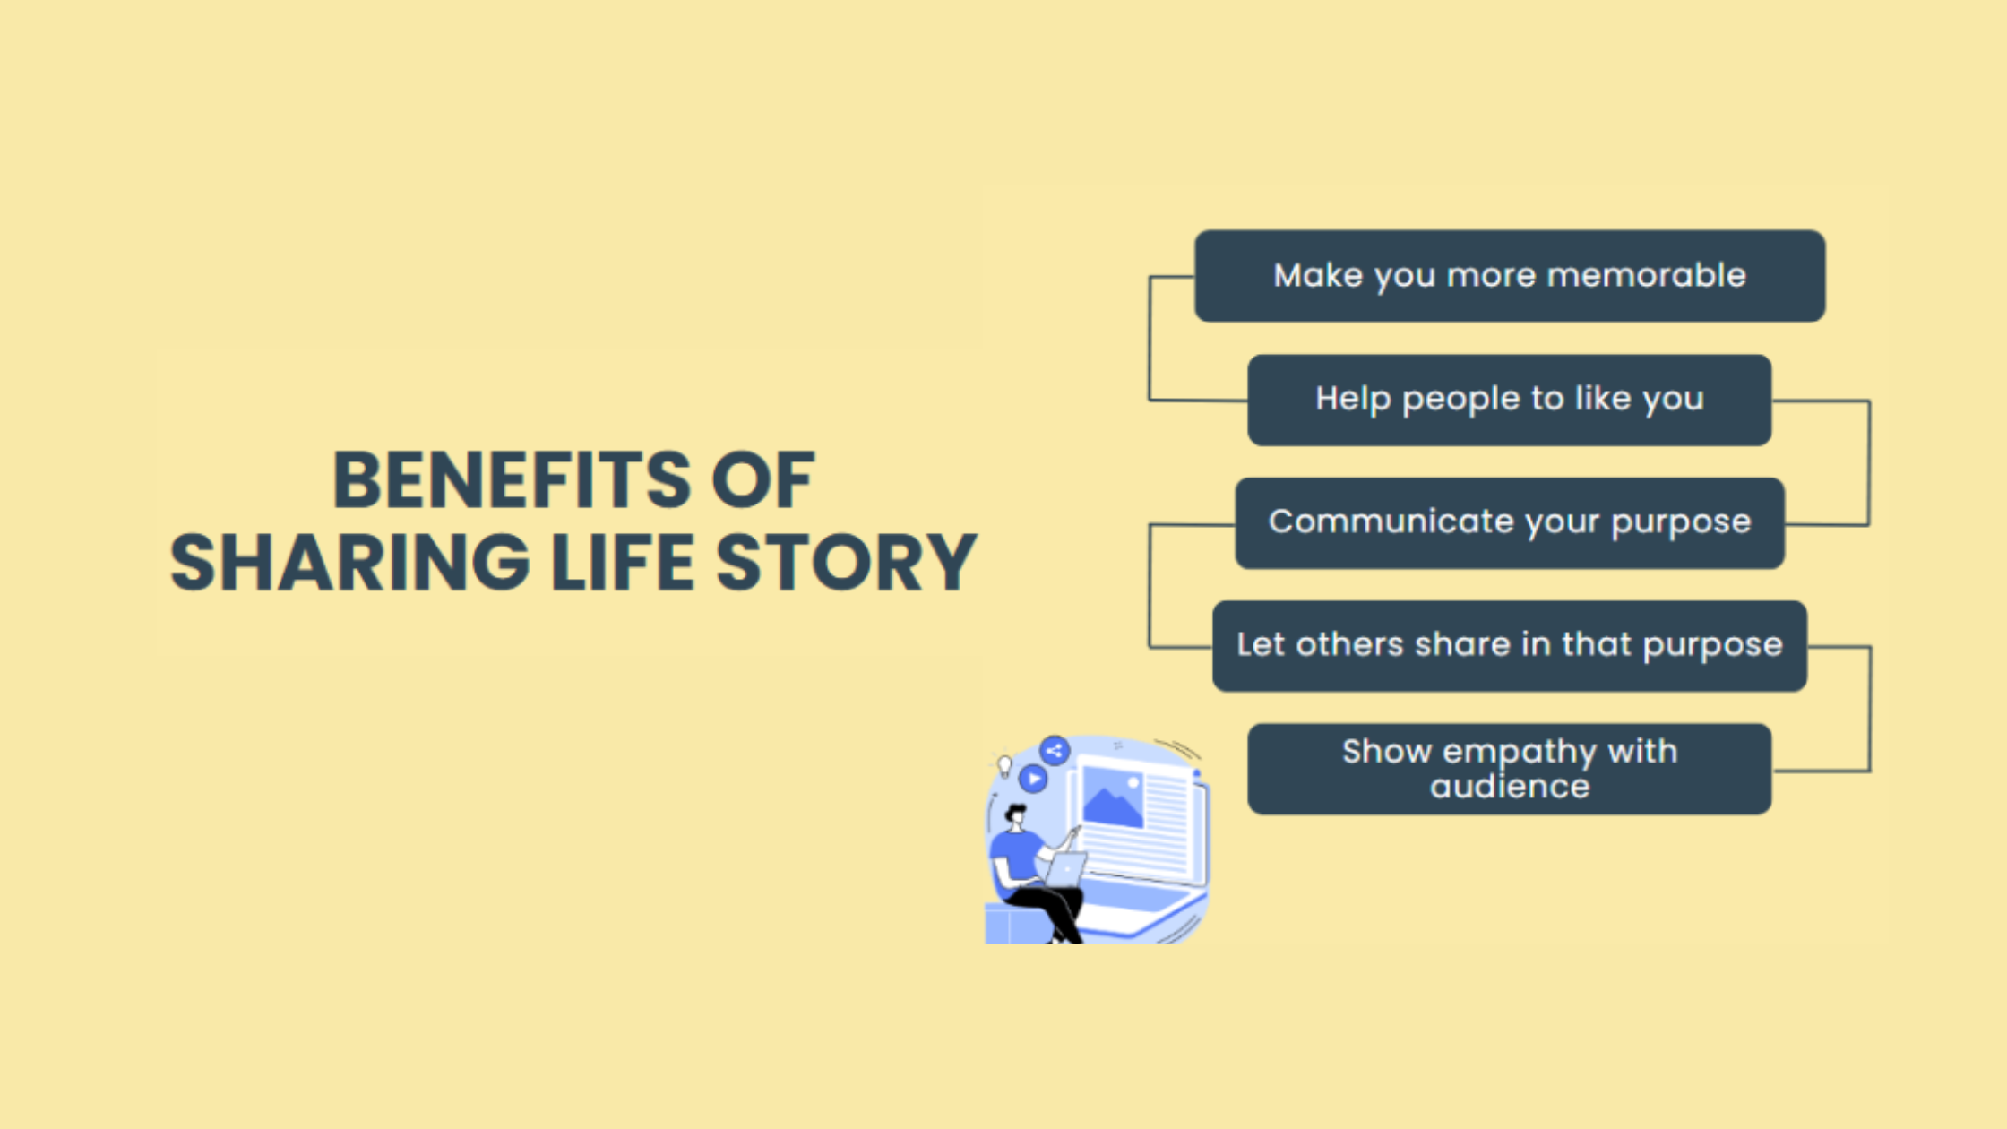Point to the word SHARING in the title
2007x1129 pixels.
pyautogui.click(x=349, y=563)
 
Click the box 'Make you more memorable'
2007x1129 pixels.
pyautogui.click(x=1510, y=276)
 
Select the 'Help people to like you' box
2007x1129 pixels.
pyautogui.click(x=1509, y=400)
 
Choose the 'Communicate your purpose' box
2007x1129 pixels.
pyautogui.click(x=1509, y=522)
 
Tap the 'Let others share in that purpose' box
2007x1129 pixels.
pyautogui.click(x=1509, y=645)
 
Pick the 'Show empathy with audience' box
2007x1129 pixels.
pyautogui.click(x=1509, y=769)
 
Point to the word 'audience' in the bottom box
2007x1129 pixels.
pyautogui.click(x=1509, y=787)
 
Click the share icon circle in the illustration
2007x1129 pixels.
pyautogui.click(x=1055, y=751)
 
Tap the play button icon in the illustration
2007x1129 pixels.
pyautogui.click(x=1033, y=779)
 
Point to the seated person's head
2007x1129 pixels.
pyautogui.click(x=1016, y=816)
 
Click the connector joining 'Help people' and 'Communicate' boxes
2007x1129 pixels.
pyautogui.click(x=1868, y=462)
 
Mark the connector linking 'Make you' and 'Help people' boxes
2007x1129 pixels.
pyautogui.click(x=1150, y=338)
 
